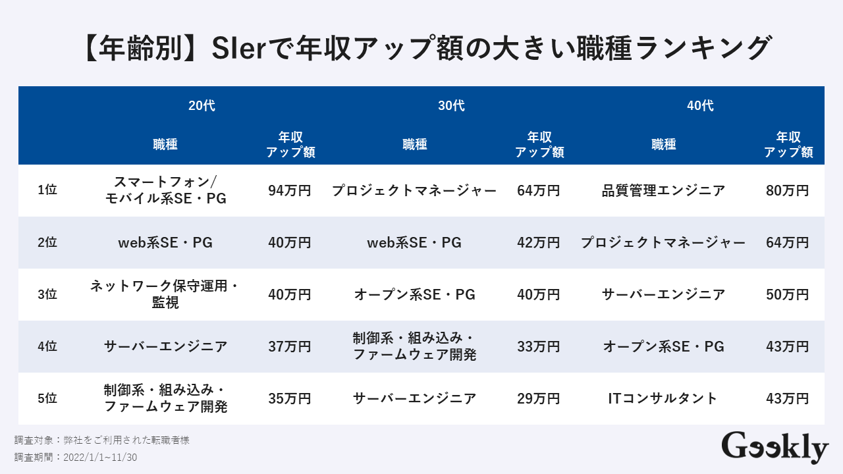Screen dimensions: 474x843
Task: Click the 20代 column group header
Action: [202, 106]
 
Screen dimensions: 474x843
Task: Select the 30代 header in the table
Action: [451, 106]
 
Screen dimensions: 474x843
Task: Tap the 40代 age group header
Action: [700, 106]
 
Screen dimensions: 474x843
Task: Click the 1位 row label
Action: [47, 190]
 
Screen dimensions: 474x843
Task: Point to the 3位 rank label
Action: [47, 294]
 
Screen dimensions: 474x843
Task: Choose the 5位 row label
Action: [47, 398]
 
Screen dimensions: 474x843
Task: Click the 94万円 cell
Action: [290, 191]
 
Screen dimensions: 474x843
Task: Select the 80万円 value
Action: [788, 191]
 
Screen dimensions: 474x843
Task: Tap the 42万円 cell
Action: [539, 243]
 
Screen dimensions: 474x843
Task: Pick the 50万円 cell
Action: [788, 294]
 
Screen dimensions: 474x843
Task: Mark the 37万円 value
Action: [290, 346]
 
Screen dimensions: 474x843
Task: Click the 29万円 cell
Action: [539, 398]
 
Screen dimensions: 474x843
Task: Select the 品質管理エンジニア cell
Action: [663, 191]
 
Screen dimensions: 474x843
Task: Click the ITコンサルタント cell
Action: [663, 398]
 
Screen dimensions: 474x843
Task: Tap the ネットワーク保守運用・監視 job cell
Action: [165, 294]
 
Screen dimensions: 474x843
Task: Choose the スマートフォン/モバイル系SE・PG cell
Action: [165, 190]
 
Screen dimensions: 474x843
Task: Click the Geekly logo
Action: [775, 448]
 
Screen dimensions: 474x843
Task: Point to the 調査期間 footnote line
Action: [76, 457]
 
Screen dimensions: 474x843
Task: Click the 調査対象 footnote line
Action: [102, 440]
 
